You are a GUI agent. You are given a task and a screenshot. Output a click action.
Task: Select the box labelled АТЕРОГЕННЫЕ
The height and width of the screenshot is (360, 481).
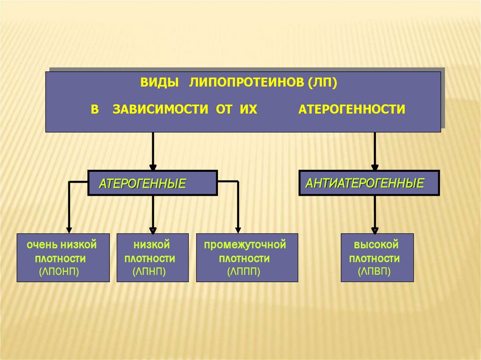pyautogui.click(x=153, y=183)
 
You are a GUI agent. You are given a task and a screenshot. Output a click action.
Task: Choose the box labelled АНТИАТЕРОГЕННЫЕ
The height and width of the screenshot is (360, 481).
pyautogui.click(x=369, y=183)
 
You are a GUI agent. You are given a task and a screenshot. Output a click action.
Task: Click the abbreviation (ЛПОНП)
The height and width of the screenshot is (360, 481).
pyautogui.click(x=59, y=271)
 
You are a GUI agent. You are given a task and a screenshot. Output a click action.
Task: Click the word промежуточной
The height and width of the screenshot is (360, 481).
pyautogui.click(x=245, y=245)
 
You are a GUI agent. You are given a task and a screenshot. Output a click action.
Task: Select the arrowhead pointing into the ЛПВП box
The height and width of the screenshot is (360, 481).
pyautogui.click(x=375, y=229)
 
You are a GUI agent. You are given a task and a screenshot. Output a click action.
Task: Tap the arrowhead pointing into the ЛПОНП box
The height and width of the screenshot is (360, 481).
pyautogui.click(x=70, y=229)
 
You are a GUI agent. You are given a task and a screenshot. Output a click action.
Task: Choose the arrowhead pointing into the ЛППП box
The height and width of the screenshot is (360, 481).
pyautogui.click(x=238, y=229)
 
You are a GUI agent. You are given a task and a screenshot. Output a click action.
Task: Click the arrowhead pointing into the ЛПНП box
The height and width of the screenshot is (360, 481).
pyautogui.click(x=153, y=229)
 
